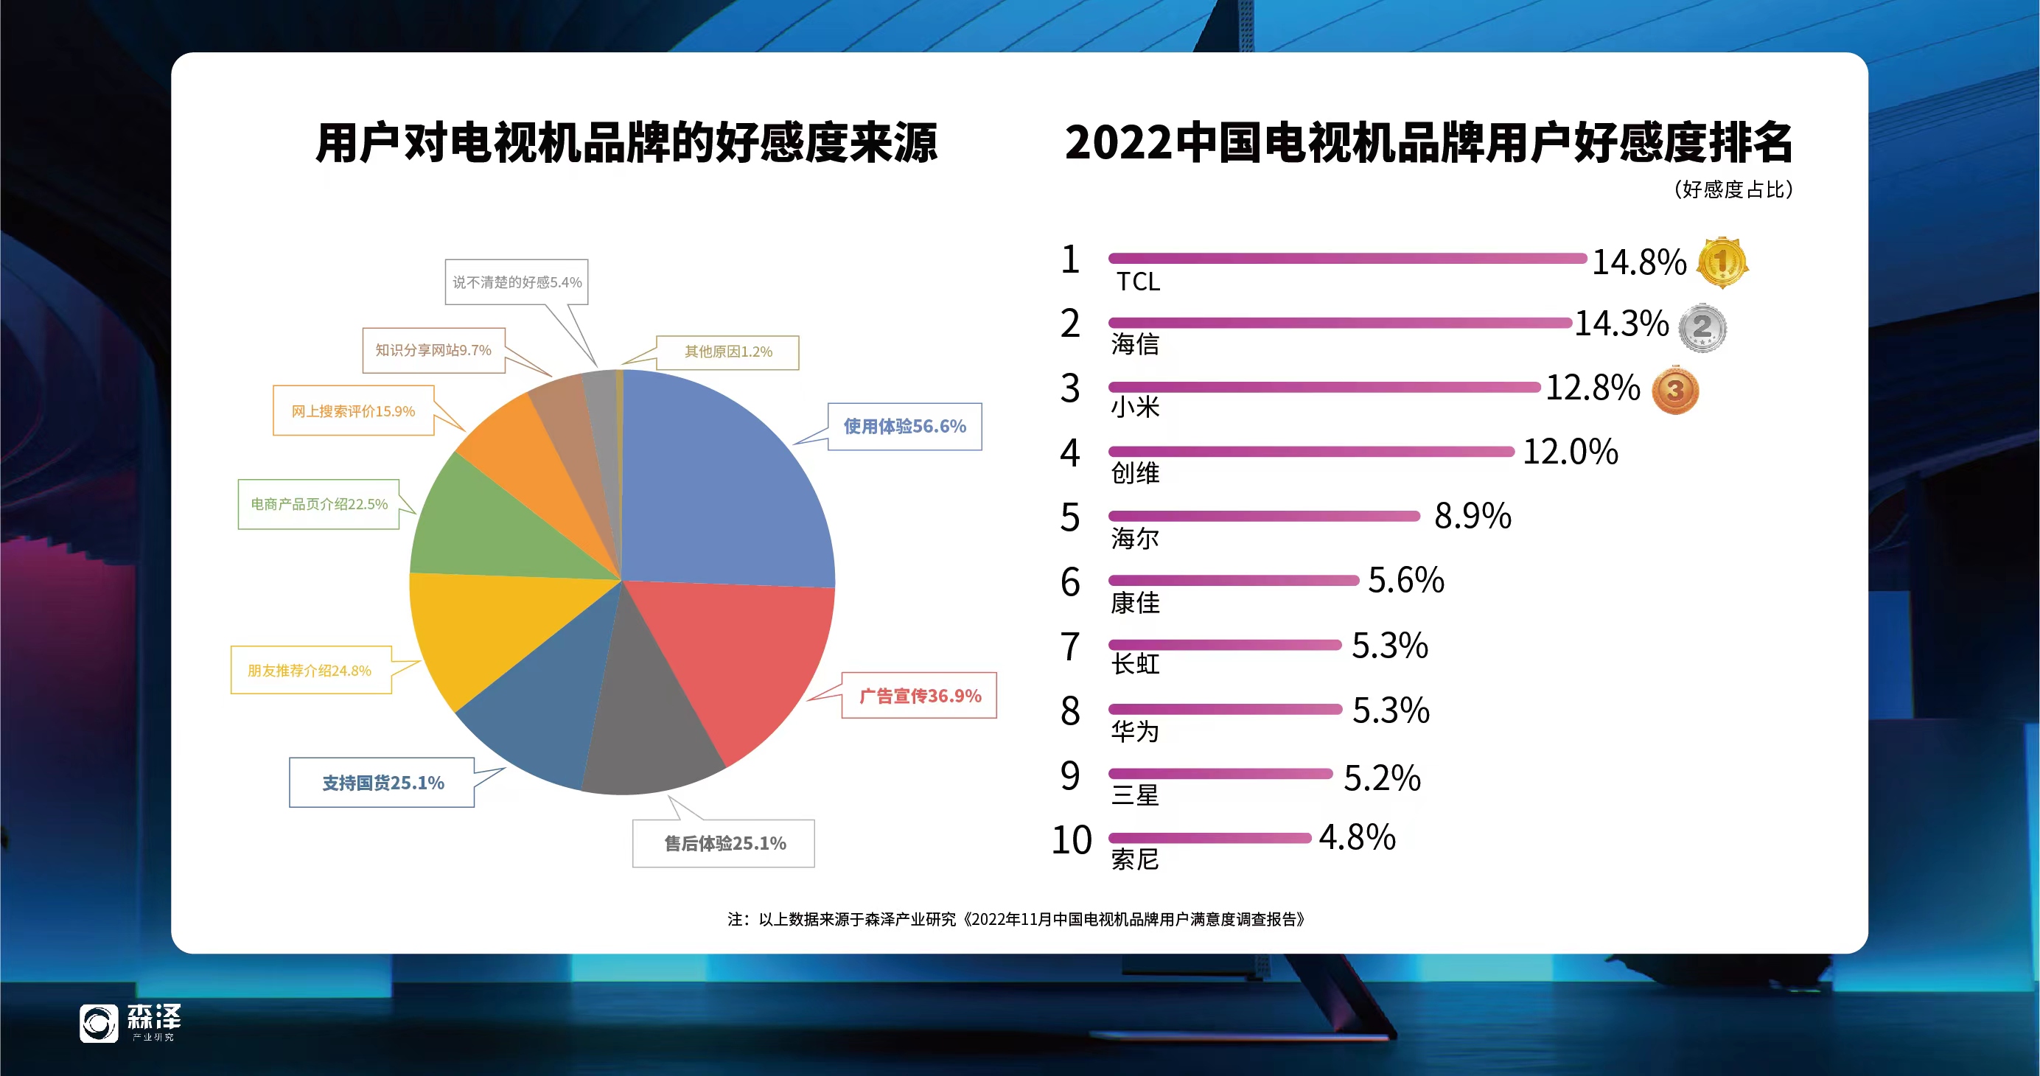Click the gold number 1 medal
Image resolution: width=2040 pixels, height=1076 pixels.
point(1722,262)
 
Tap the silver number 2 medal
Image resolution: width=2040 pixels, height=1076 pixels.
point(1702,327)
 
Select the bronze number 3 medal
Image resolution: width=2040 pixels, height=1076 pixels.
point(1675,391)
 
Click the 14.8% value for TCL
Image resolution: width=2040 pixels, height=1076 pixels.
point(1638,262)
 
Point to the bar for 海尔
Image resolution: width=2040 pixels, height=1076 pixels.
point(1264,516)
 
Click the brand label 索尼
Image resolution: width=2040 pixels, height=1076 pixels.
point(1135,859)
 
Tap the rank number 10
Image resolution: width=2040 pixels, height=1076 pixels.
point(1072,840)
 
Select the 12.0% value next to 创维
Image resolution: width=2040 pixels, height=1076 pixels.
point(1570,452)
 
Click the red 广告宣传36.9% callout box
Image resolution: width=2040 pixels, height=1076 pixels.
point(918,695)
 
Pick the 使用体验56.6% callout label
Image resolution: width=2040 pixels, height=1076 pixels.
point(904,427)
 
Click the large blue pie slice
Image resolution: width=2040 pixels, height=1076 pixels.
point(721,483)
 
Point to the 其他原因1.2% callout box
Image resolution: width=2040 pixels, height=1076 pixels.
point(727,352)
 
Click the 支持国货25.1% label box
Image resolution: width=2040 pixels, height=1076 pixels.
point(382,782)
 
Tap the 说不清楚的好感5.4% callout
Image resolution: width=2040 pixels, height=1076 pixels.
point(517,282)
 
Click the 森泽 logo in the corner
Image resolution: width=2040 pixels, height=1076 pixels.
point(130,1023)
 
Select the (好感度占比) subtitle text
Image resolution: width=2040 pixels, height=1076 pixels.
point(1732,190)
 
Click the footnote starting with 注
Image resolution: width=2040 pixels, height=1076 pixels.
point(1016,919)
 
